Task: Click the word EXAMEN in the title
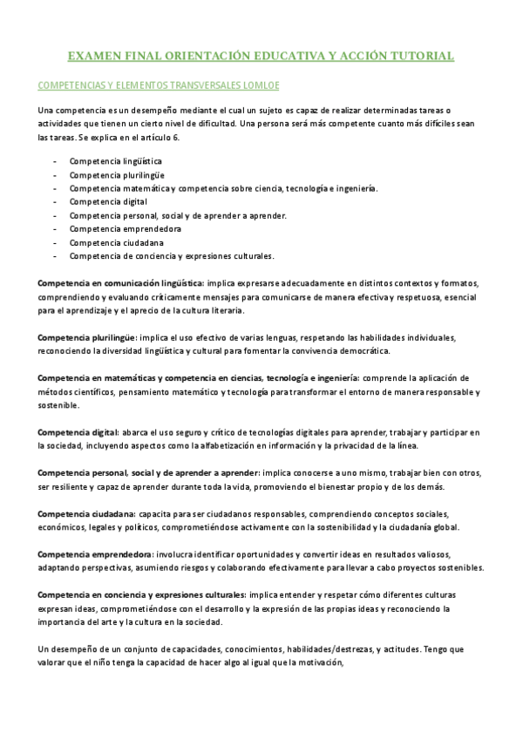click(95, 57)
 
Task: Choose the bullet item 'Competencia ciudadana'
click(111, 242)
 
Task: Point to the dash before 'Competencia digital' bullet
click(55, 201)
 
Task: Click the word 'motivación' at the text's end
click(320, 661)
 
